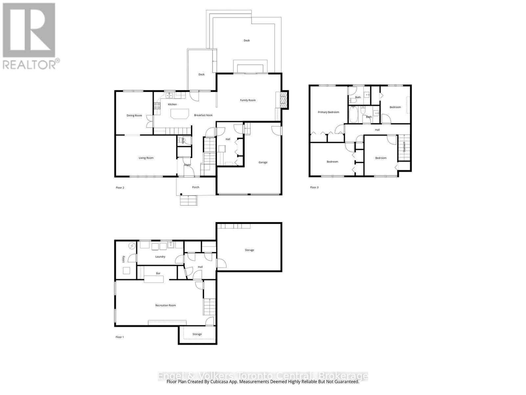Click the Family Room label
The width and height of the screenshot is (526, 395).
[248, 100]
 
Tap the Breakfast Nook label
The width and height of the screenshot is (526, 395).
[203, 115]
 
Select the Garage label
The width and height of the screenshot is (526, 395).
[263, 162]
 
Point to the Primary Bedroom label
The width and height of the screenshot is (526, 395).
[328, 112]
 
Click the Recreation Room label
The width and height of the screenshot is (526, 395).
[165, 305]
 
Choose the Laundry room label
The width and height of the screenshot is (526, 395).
[160, 257]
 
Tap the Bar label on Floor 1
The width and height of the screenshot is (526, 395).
[158, 274]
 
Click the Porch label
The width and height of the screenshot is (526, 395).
[196, 187]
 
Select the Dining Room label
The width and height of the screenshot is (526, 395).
[134, 116]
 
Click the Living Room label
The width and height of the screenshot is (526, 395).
[146, 158]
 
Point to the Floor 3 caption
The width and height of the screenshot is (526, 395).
[314, 188]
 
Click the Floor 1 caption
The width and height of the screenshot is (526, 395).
[120, 337]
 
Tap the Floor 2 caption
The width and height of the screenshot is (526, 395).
[120, 188]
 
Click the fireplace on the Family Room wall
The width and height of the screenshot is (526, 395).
[282, 100]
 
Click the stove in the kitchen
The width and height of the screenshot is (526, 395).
[157, 106]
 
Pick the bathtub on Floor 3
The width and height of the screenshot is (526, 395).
[353, 114]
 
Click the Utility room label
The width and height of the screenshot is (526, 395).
[124, 259]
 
